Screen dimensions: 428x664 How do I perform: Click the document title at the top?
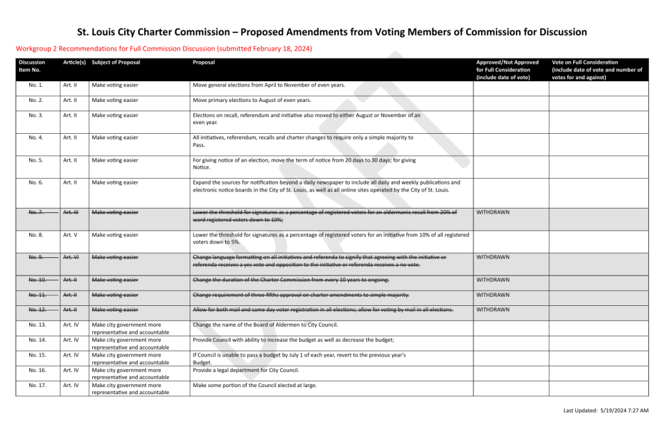point(332,32)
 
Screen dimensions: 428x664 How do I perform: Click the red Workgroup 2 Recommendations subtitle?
point(164,49)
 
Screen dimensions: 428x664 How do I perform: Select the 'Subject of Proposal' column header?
point(116,62)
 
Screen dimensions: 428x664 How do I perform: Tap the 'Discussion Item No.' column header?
point(32,66)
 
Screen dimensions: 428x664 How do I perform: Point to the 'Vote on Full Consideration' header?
point(596,69)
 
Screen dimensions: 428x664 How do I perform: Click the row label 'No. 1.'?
point(36,85)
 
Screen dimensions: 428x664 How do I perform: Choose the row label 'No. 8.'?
point(36,235)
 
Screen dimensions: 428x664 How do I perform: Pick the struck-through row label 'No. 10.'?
point(38,280)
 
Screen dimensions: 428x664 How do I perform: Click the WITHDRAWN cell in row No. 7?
point(493,212)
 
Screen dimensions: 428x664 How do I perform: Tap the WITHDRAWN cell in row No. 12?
point(493,310)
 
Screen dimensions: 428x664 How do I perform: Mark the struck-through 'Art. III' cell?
point(71,212)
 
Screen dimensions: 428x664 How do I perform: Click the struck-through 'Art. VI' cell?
point(71,257)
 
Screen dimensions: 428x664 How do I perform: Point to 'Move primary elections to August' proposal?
point(252,100)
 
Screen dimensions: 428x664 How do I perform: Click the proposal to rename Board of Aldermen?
point(265,324)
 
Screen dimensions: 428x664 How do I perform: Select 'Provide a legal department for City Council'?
point(246,370)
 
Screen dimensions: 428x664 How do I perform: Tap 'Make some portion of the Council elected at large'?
point(255,385)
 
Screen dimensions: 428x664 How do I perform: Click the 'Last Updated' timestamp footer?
point(606,410)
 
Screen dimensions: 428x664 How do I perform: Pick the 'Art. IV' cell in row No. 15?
point(71,355)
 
